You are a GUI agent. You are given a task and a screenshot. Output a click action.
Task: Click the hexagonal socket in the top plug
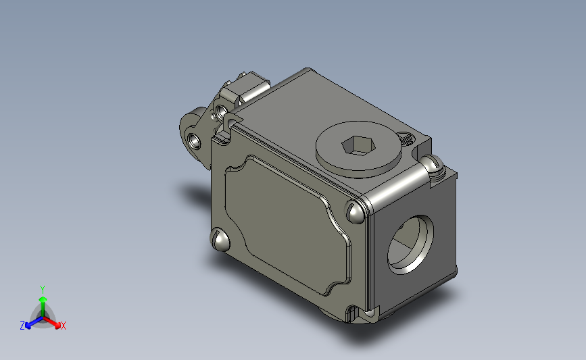click(x=358, y=145)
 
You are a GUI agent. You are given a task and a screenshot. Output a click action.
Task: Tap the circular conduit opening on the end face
click(x=410, y=245)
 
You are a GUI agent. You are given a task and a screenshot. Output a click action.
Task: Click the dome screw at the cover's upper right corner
click(x=355, y=211)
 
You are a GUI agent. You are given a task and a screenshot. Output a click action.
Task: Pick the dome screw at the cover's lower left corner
click(x=220, y=239)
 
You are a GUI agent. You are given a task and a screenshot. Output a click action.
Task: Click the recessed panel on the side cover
click(x=288, y=225)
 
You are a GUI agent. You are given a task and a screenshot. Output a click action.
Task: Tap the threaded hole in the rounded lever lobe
click(x=193, y=140)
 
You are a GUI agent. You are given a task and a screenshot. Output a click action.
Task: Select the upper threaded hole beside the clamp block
click(x=221, y=111)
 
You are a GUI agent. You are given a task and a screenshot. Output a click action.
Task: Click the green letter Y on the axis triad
click(x=42, y=290)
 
